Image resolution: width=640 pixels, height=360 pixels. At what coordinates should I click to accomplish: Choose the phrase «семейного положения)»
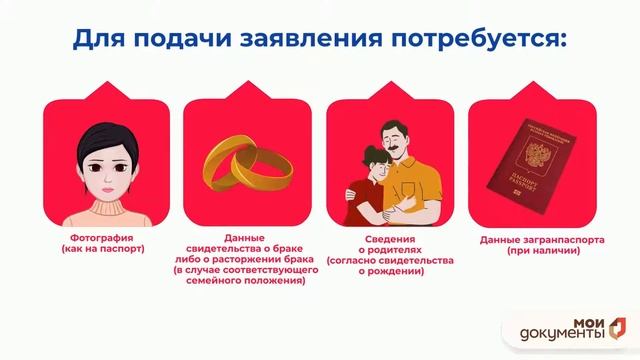pyautogui.click(x=245, y=281)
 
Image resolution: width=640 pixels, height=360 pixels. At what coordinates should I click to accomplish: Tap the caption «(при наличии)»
pyautogui.click(x=527, y=250)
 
